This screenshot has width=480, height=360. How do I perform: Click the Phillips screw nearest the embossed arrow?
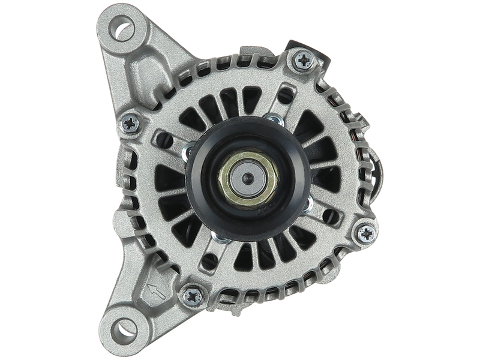192,295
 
